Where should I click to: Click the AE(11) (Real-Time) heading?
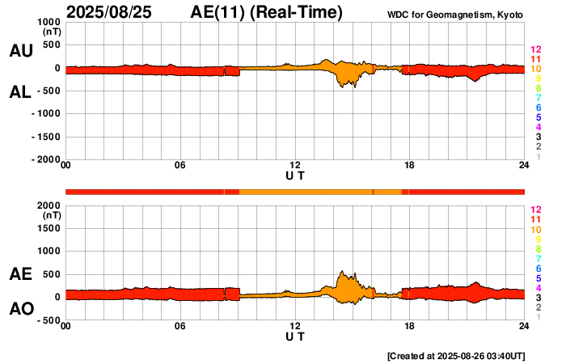(267, 12)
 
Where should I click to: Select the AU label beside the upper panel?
(20, 51)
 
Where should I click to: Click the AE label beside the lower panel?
(20, 275)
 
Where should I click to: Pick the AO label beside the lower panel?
(20, 309)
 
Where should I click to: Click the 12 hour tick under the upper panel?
(295, 166)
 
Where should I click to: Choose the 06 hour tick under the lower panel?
(180, 326)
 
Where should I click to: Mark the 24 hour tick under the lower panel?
(524, 326)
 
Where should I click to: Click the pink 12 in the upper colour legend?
(534, 50)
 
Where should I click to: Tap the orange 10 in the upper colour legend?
(534, 69)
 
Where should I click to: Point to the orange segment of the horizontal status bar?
(307, 191)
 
